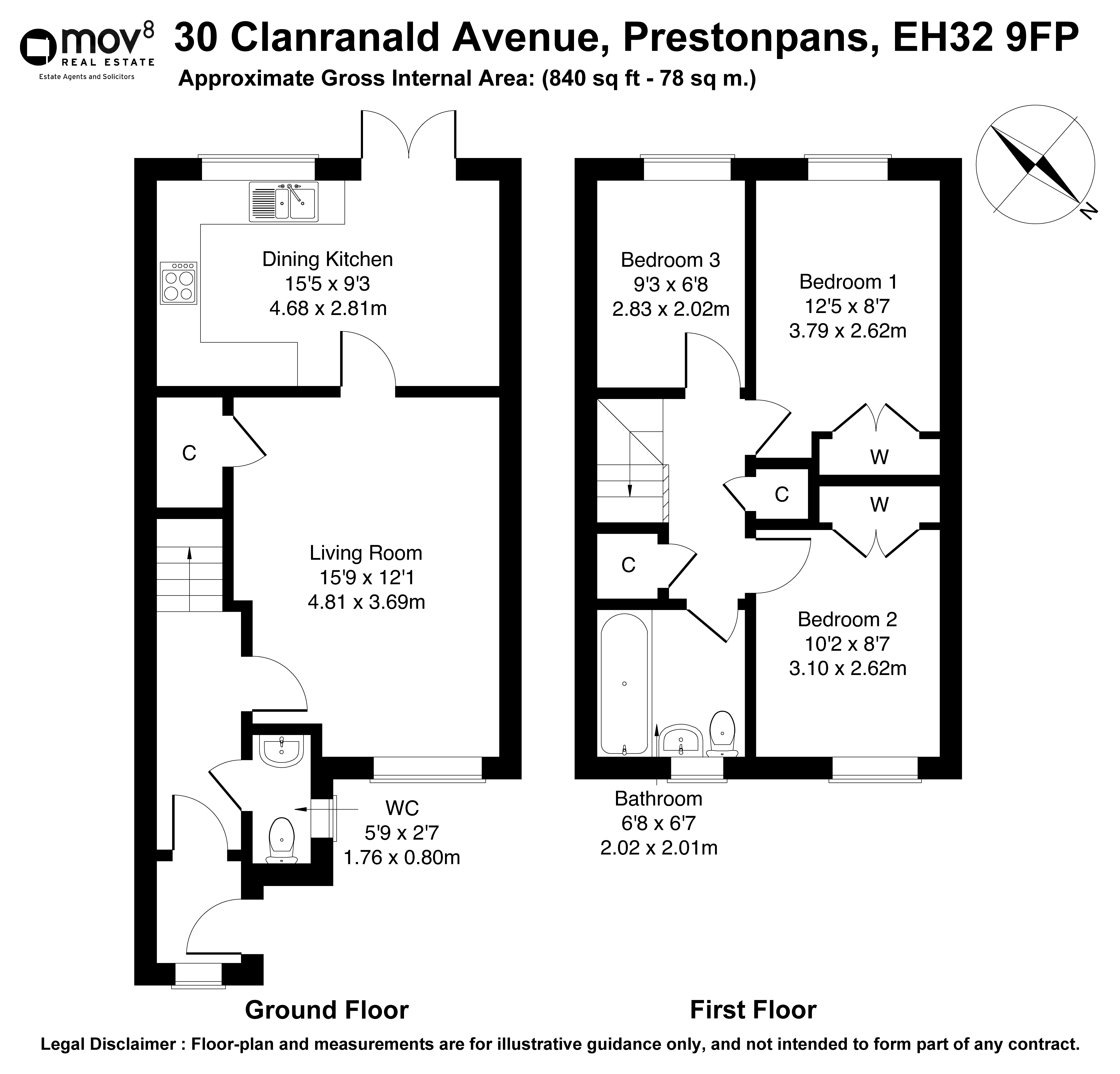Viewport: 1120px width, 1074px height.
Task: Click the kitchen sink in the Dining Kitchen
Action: point(283,202)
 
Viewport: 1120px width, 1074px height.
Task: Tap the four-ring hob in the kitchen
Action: point(179,283)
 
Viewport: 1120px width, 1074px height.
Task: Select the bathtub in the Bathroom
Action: point(624,684)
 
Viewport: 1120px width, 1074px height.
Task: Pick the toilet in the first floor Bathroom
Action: point(723,734)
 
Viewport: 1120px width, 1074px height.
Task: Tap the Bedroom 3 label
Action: point(670,260)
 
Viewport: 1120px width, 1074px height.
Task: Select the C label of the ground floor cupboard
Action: point(189,453)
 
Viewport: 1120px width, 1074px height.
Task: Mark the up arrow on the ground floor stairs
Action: point(189,578)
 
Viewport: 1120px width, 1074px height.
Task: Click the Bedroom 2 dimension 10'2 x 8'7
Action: point(847,644)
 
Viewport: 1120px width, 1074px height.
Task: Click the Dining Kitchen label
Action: point(327,259)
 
